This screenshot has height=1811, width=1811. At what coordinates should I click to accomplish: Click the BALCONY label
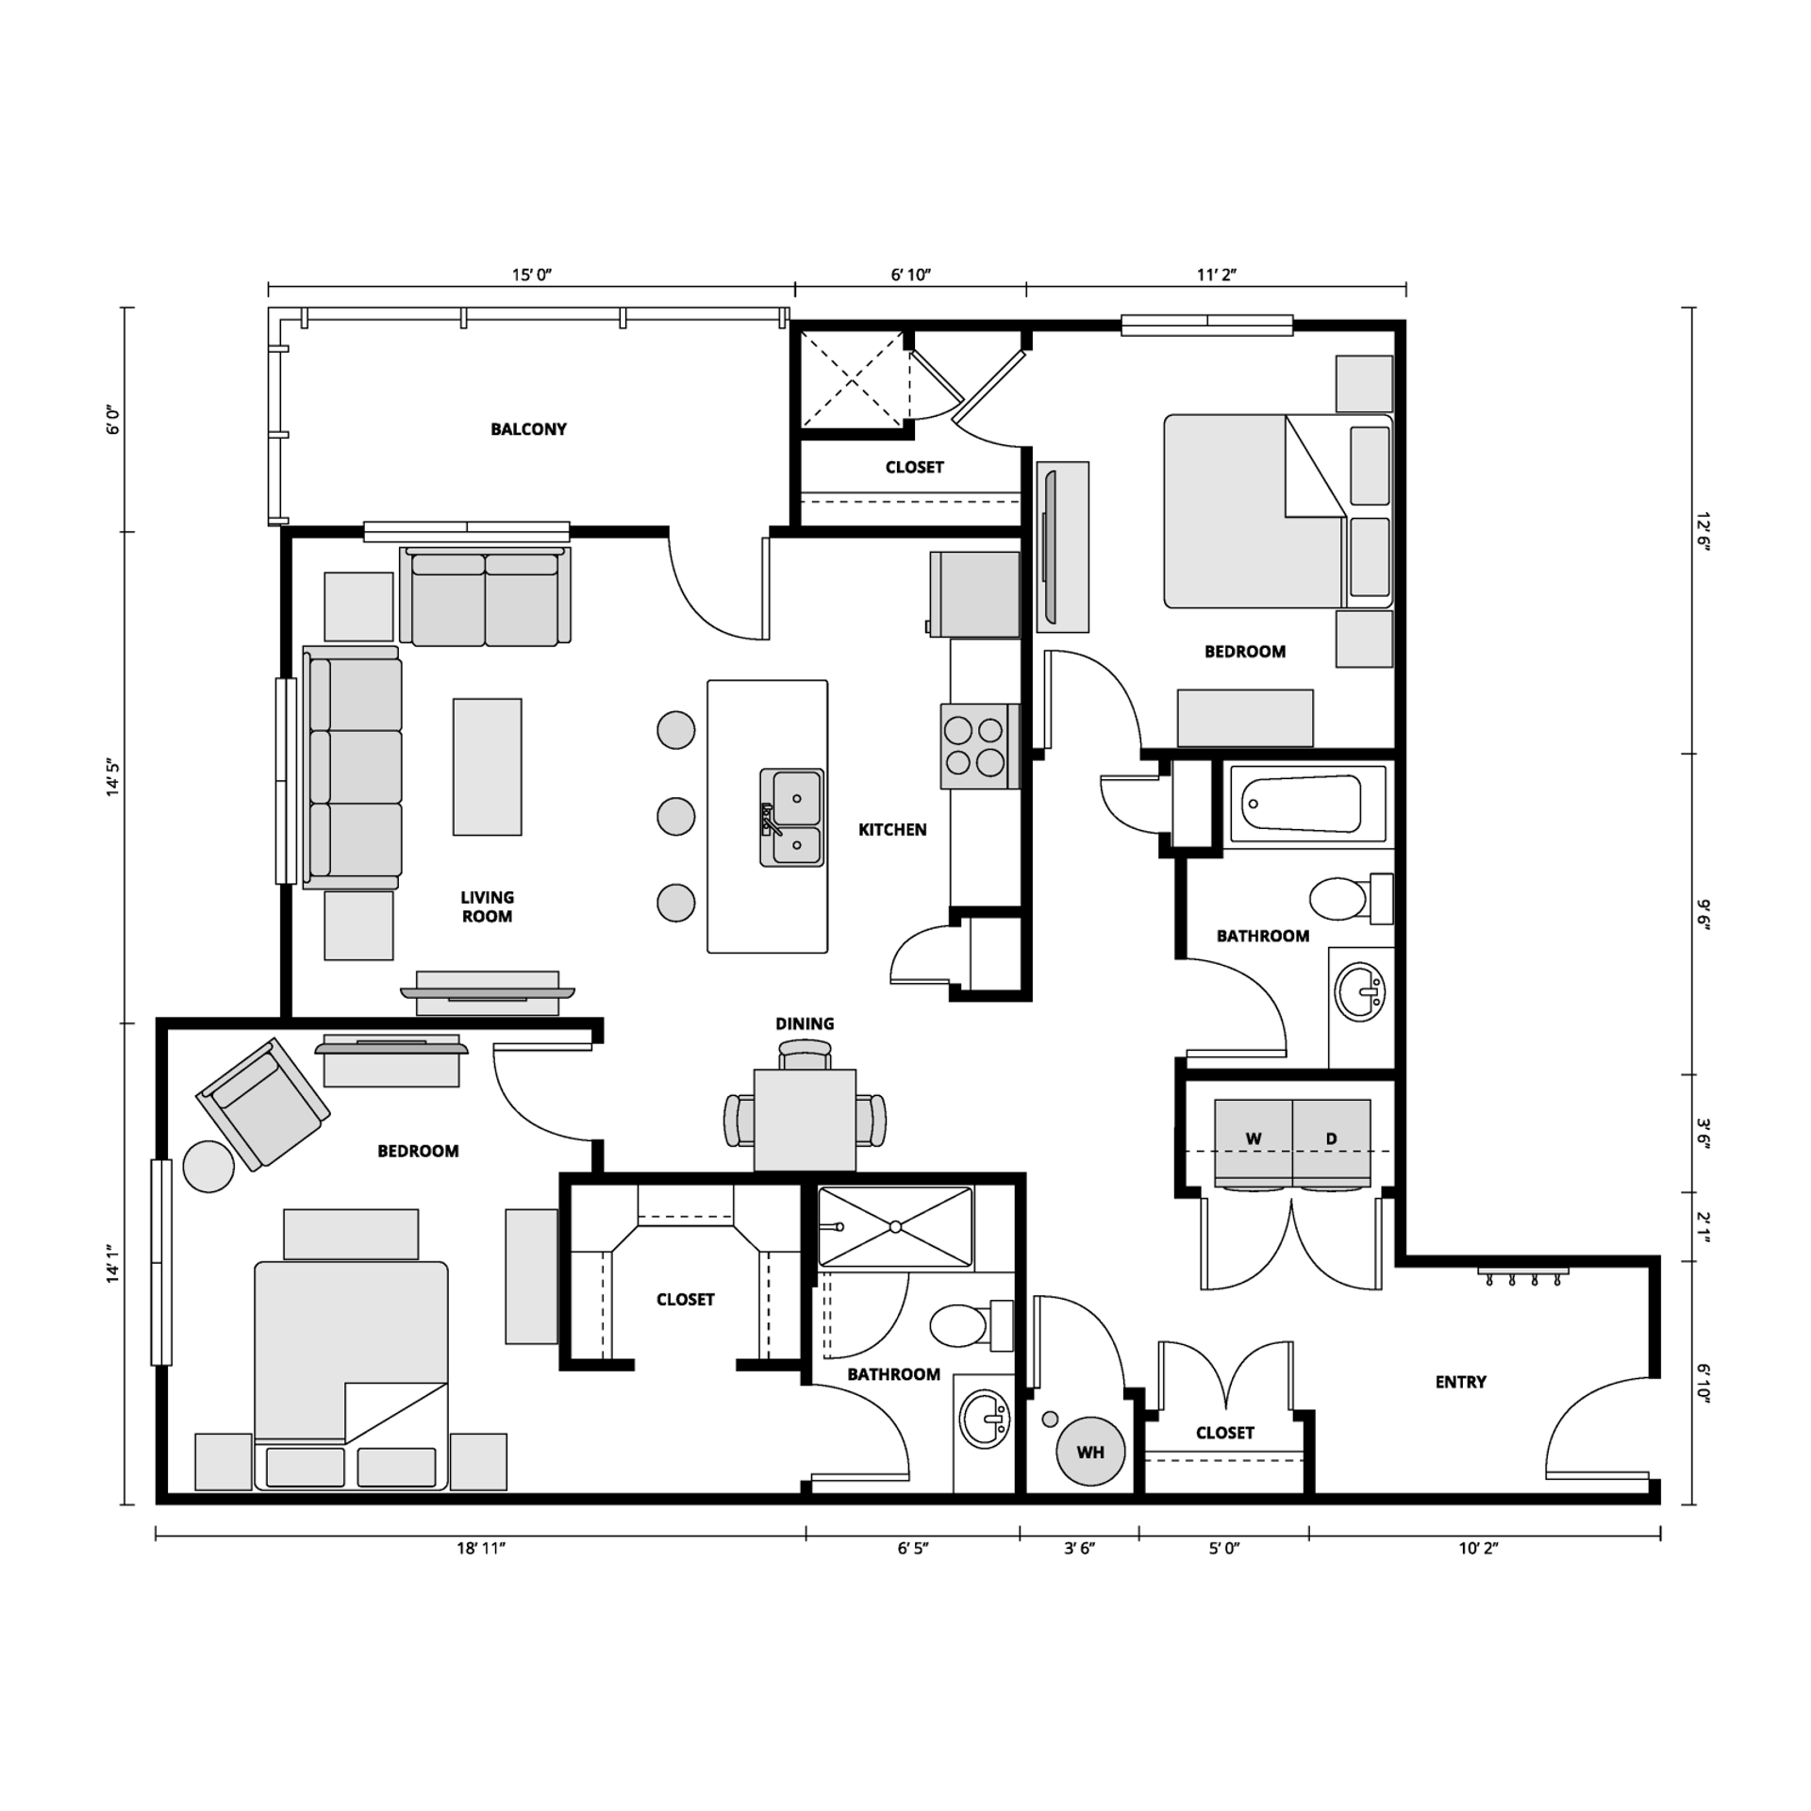click(528, 429)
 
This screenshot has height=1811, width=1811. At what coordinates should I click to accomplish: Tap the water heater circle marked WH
click(1089, 1452)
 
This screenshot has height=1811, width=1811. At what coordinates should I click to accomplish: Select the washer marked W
click(1253, 1141)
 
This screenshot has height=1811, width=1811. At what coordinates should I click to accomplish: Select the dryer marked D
click(1331, 1141)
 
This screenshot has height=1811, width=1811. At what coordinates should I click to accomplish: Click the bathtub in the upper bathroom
click(1306, 805)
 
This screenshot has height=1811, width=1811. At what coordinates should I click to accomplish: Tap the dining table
click(805, 1120)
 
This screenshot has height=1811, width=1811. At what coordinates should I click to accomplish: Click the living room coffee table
click(487, 767)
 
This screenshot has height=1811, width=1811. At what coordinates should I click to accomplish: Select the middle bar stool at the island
click(675, 816)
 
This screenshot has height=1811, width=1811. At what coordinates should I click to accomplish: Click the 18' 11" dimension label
click(481, 1548)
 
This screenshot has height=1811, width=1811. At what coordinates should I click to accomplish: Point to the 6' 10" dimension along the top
click(910, 274)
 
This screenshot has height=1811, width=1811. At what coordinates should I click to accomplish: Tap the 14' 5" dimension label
click(114, 778)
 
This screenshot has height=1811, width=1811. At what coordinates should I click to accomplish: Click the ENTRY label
click(1460, 1382)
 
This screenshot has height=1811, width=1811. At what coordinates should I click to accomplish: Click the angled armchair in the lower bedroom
click(263, 1104)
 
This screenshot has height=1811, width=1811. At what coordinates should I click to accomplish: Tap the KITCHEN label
click(891, 830)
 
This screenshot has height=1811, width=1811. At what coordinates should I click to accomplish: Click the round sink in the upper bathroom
click(1360, 991)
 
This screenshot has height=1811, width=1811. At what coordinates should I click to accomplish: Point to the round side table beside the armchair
click(208, 1167)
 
